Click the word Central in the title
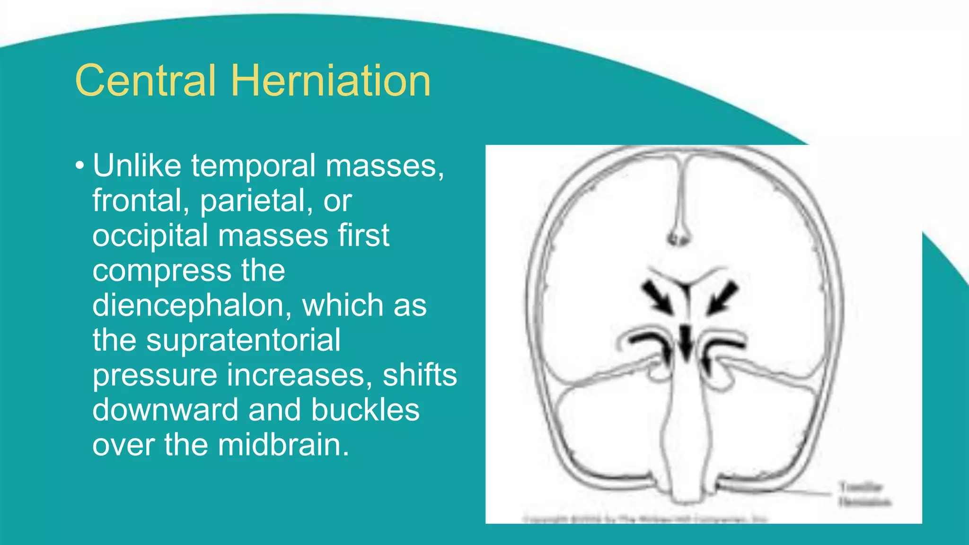tap(145, 81)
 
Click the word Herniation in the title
tap(331, 81)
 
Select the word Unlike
tap(137, 166)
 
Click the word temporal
tap(253, 166)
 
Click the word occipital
tap(150, 236)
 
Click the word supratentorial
tap(243, 340)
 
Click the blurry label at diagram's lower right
tap(864, 494)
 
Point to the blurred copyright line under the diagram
tap(645, 519)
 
